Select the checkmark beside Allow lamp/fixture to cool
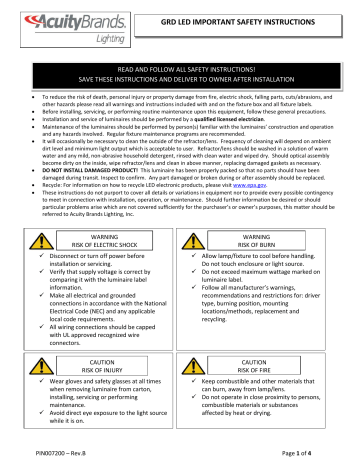point(191,229)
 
